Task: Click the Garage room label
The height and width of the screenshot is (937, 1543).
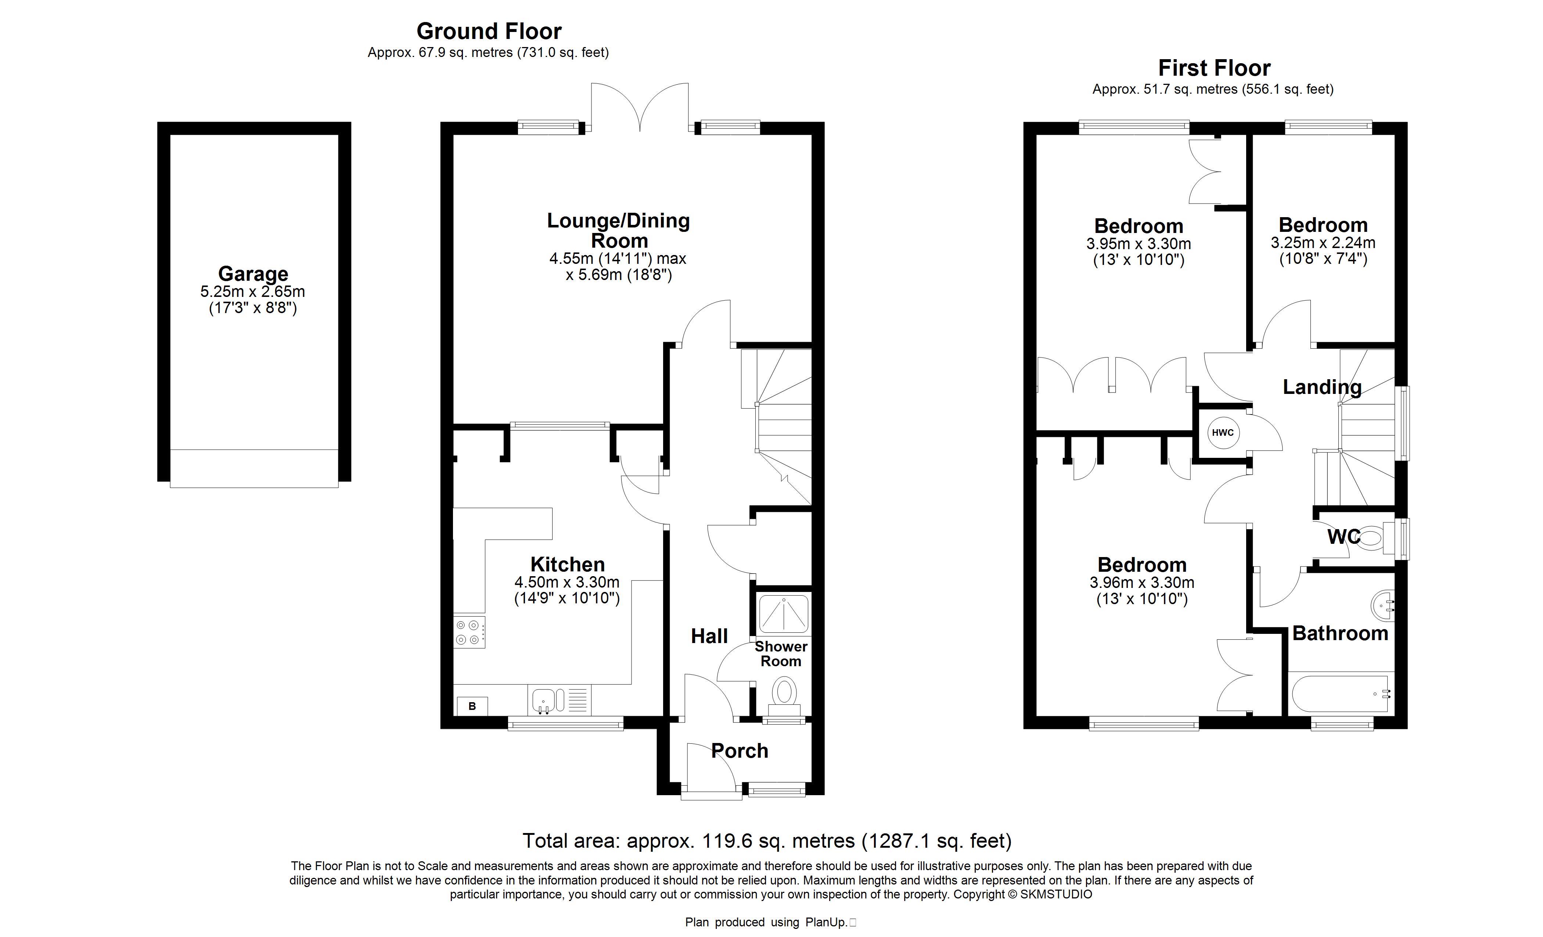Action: tap(253, 274)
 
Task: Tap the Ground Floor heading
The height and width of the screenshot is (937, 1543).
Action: tap(489, 31)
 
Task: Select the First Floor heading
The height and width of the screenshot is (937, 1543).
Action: tap(1214, 68)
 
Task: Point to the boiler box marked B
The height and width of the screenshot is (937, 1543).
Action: tap(472, 706)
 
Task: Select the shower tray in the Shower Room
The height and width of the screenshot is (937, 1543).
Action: tap(783, 613)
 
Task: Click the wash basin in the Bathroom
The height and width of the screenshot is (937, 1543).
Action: tap(1382, 606)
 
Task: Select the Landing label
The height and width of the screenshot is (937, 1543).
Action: tap(1322, 387)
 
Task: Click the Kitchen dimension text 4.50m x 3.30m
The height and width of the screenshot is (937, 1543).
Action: tap(567, 582)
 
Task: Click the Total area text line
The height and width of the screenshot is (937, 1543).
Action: tap(767, 841)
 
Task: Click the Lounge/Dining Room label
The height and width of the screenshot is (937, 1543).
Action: tap(619, 230)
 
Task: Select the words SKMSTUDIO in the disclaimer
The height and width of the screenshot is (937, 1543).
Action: tap(1057, 894)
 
